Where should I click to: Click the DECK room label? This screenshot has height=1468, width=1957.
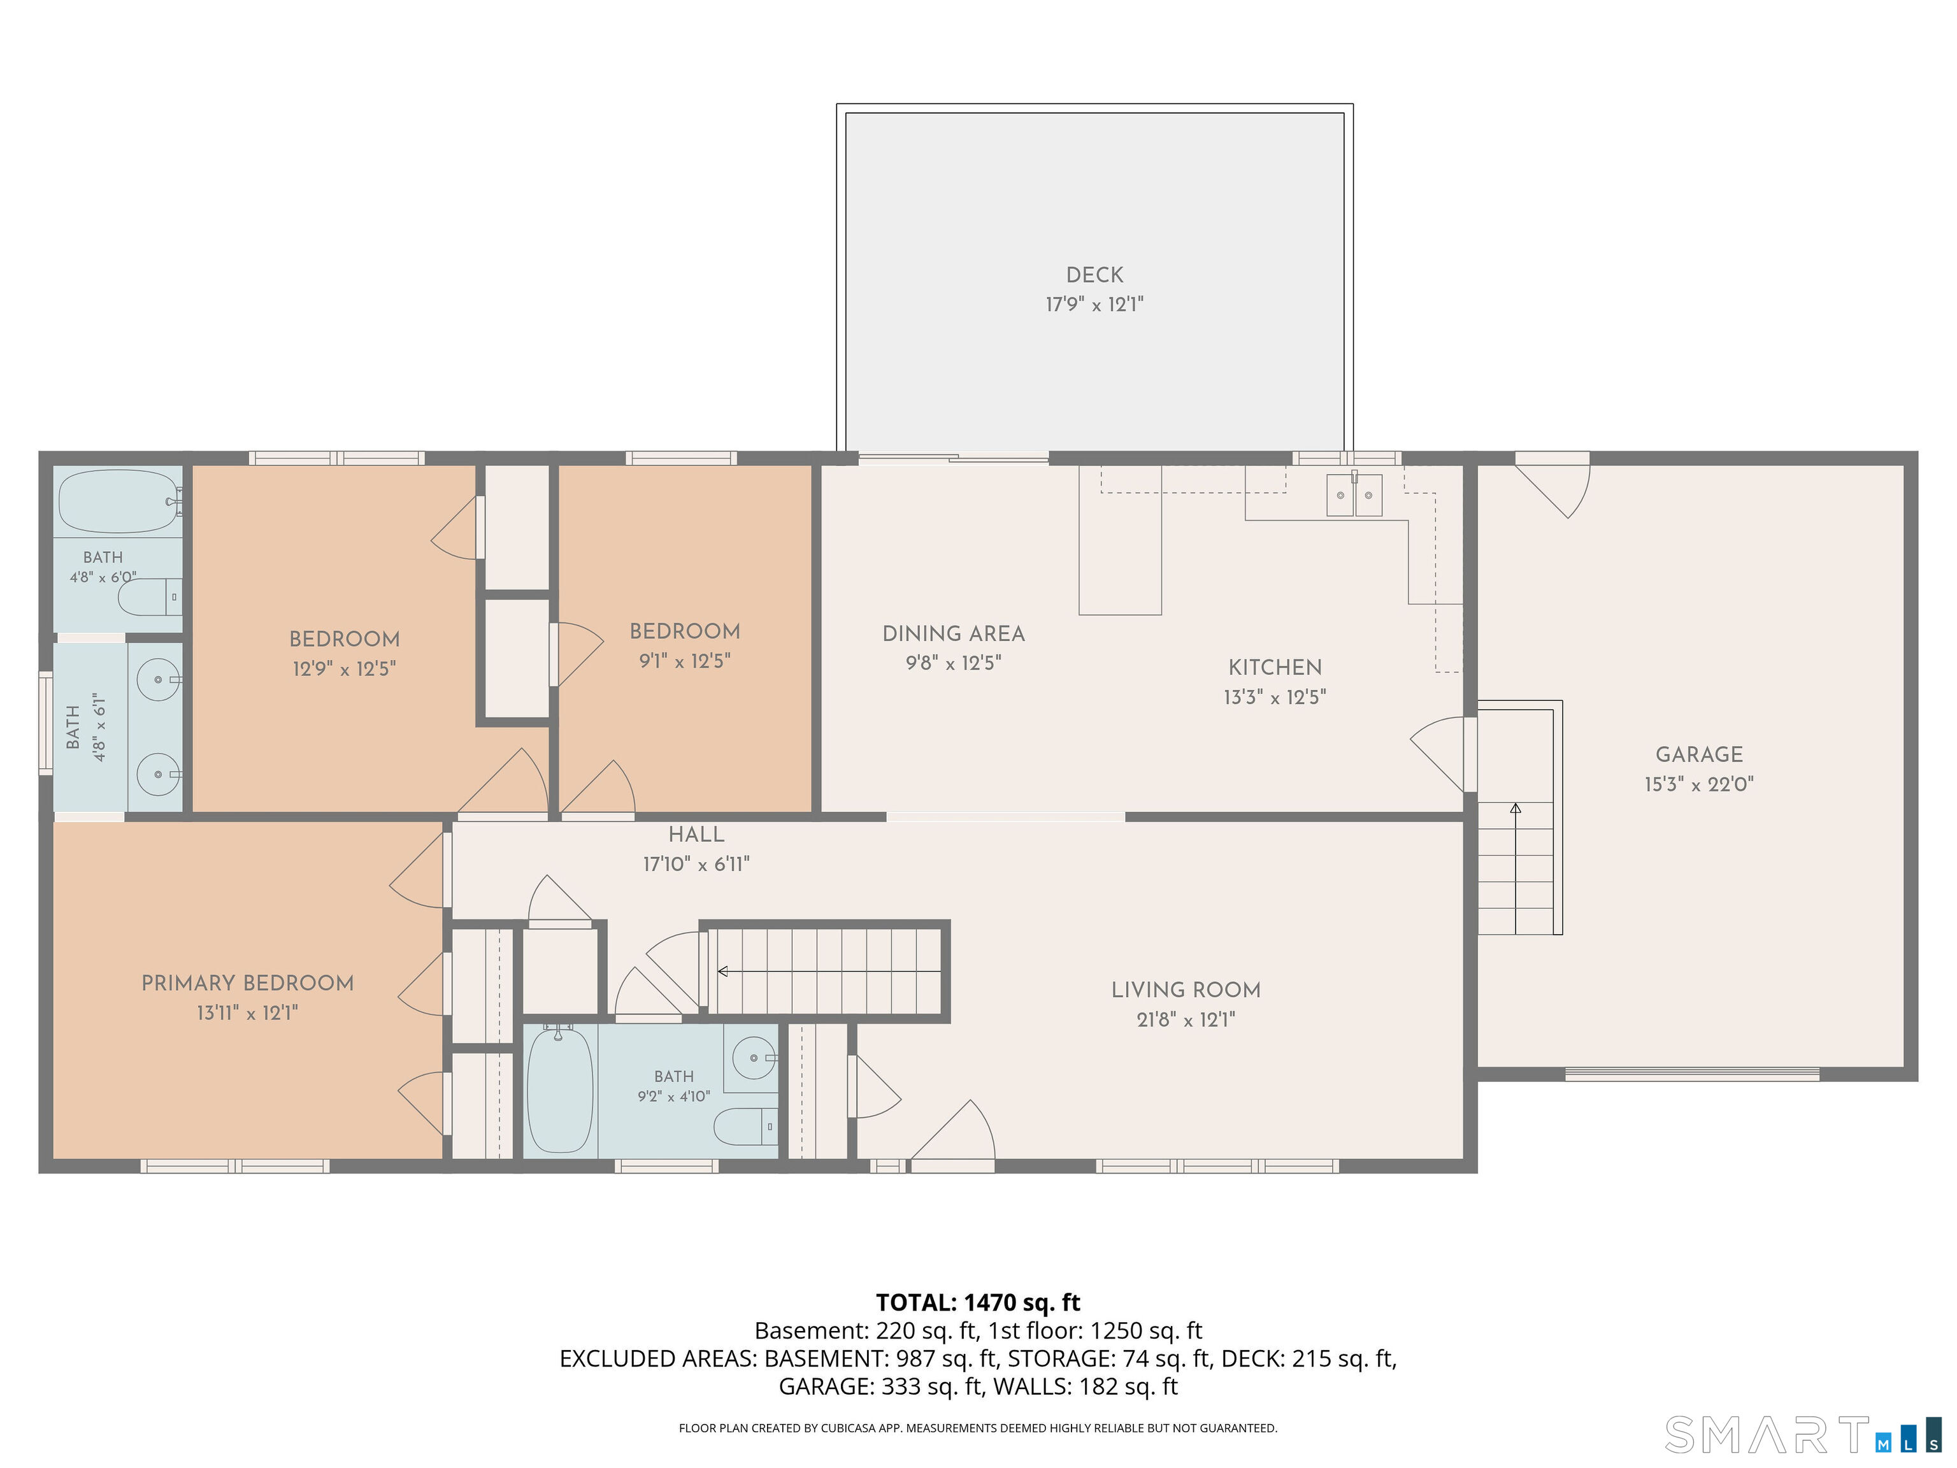1094,275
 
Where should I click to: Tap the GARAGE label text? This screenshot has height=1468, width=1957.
1698,755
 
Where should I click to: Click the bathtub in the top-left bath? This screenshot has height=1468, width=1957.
118,501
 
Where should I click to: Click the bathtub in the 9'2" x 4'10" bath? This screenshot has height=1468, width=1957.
560,1090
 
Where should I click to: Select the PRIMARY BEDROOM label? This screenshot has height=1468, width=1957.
248,983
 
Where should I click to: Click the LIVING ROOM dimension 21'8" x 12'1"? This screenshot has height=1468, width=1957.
1186,1019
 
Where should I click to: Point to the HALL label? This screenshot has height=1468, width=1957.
696,835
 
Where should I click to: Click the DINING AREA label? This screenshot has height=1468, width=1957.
954,633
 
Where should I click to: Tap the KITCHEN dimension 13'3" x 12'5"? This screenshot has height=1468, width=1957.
1275,697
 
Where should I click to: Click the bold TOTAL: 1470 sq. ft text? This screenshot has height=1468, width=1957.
978,1302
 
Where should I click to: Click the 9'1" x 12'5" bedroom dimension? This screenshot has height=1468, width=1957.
685,661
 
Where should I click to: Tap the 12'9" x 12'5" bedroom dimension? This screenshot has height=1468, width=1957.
344,668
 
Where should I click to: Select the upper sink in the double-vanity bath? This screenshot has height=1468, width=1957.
159,680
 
